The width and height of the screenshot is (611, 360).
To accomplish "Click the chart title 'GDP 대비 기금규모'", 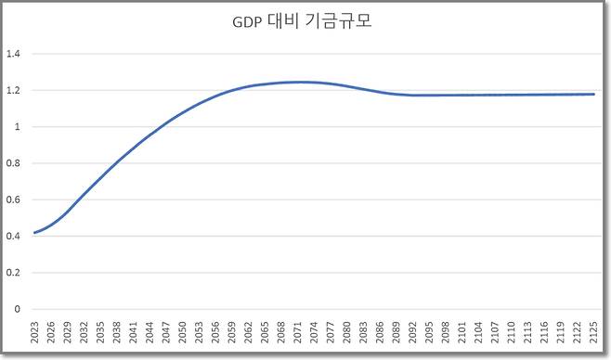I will coord(305,21).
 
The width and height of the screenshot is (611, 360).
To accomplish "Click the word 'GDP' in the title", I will coord(248,22).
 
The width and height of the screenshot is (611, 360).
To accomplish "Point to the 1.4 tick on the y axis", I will coord(13,54).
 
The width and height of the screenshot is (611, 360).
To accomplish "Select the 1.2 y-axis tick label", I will coord(13,91).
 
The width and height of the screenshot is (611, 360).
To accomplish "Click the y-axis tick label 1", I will coord(17,127).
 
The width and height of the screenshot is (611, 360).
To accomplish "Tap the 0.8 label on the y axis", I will coord(13,163).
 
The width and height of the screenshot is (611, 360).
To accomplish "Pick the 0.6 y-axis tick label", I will coord(13,199).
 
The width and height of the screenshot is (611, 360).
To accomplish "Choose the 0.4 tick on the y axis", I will coord(13,237).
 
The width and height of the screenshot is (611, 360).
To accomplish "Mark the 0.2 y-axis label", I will coord(13,273).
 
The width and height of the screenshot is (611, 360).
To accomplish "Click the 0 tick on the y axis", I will coord(17,309).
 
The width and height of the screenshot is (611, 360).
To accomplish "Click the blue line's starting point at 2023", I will coord(34,233).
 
